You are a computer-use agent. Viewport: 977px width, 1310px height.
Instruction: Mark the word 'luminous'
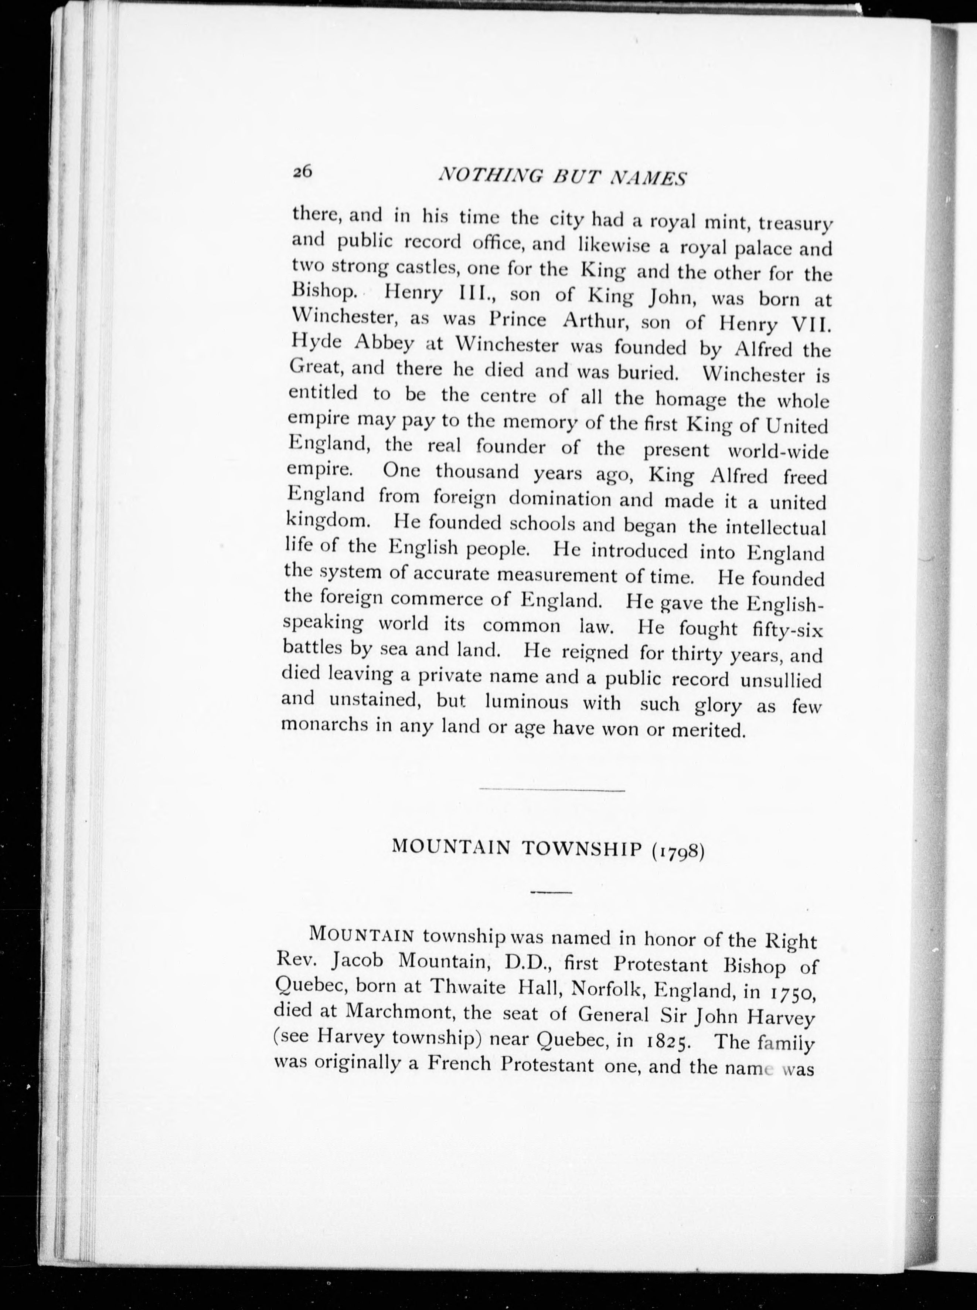click(x=526, y=703)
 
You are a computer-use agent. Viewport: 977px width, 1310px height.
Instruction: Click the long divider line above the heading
click(x=551, y=790)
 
